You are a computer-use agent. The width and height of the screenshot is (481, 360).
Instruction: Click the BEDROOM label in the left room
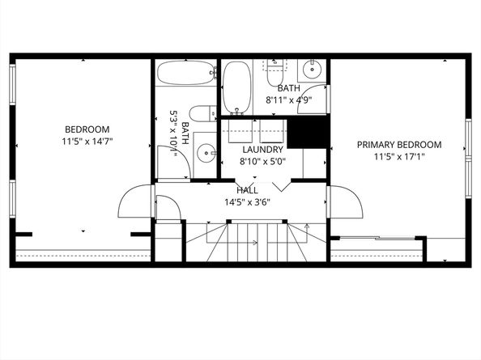click(87, 129)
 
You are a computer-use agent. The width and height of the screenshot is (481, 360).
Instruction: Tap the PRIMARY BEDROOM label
click(399, 145)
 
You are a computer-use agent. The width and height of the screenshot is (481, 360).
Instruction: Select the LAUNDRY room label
click(262, 150)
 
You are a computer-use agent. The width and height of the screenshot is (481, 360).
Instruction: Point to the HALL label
click(247, 190)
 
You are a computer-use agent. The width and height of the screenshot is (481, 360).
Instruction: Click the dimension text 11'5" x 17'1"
click(399, 157)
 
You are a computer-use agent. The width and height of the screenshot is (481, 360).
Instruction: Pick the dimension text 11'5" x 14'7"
click(87, 142)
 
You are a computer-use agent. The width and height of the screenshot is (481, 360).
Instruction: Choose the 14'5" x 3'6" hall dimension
click(247, 202)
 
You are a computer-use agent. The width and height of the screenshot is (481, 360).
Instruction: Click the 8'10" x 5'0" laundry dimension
click(262, 162)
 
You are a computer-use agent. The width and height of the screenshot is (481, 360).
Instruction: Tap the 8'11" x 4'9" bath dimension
click(288, 100)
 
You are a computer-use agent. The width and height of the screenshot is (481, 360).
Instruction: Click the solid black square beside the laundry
click(306, 133)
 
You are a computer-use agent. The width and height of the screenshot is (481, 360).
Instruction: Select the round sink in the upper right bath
click(313, 70)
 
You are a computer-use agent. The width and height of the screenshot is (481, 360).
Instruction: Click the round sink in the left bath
click(206, 153)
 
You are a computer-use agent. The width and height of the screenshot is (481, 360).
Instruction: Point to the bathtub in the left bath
click(187, 73)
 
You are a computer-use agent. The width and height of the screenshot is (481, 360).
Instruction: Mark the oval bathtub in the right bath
click(236, 88)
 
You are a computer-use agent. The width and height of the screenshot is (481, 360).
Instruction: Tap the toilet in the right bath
click(275, 73)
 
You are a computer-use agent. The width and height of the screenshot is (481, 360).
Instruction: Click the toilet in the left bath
click(202, 114)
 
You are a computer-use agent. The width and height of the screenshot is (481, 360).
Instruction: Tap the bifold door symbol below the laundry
click(281, 188)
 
